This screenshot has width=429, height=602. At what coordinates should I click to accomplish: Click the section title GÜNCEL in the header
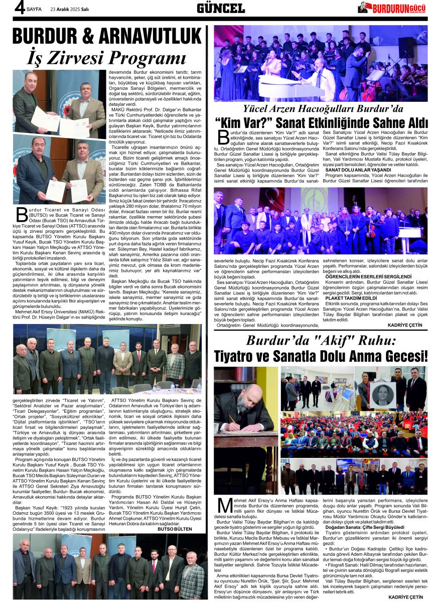point(221,8)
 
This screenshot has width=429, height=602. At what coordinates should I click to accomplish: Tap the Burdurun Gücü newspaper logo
point(391,8)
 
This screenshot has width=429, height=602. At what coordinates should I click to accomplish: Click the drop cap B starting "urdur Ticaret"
point(21,214)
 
